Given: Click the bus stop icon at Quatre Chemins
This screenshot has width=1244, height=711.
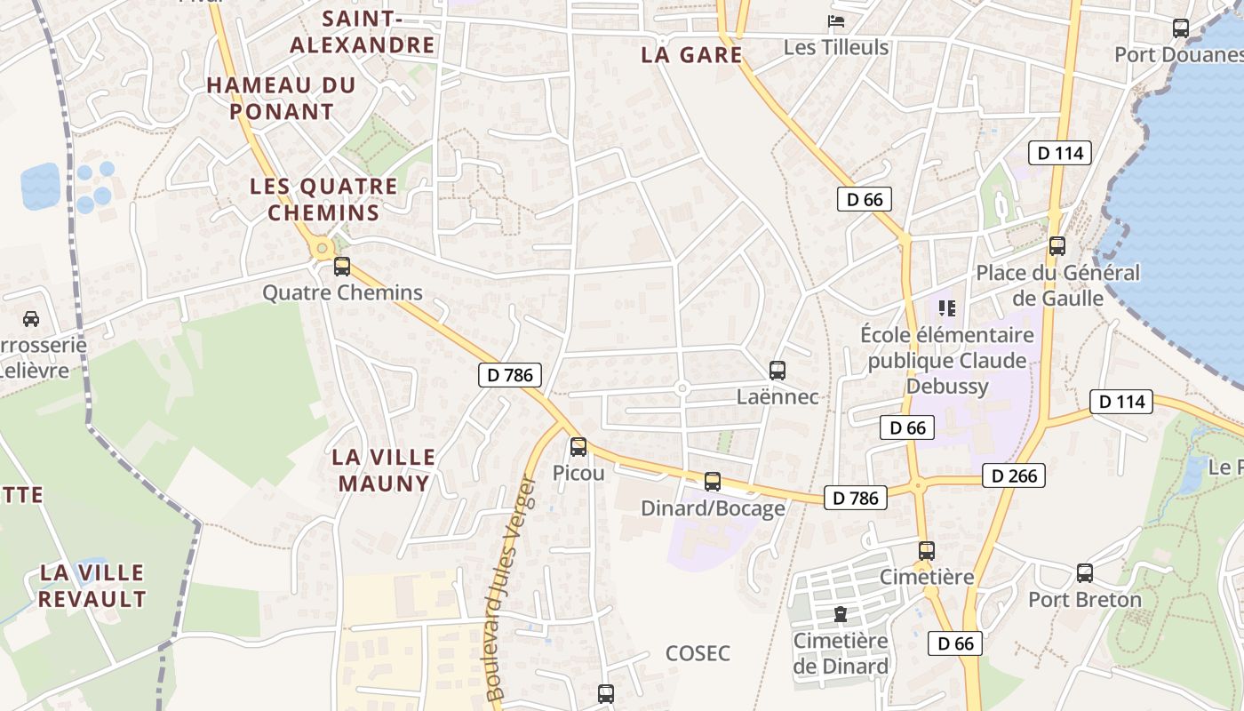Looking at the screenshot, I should (342, 267).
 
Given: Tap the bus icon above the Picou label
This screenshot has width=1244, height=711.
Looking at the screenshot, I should (578, 447).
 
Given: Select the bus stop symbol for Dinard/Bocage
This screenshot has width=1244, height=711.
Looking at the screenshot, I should (713, 482).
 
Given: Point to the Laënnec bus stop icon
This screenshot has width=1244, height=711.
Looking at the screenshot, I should (777, 371).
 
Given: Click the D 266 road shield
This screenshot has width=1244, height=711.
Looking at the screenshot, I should (1014, 475).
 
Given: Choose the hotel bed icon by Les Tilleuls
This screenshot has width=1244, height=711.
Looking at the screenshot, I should (836, 21).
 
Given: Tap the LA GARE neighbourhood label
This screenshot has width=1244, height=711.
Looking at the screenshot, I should (691, 55).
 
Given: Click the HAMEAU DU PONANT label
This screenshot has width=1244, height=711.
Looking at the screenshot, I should (282, 99).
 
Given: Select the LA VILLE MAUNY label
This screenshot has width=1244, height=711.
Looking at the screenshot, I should (384, 470).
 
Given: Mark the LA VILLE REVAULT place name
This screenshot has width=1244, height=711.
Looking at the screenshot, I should (92, 585).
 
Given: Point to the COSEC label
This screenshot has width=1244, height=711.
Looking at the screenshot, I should (698, 653).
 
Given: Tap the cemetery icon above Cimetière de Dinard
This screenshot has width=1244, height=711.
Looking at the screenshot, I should (840, 614).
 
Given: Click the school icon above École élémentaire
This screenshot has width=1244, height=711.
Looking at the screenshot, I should (946, 308).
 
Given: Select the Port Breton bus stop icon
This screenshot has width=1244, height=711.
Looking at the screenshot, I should (1085, 573).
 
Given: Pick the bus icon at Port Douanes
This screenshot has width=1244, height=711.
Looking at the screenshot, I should (1181, 28).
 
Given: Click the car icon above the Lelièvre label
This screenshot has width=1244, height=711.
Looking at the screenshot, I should (31, 318).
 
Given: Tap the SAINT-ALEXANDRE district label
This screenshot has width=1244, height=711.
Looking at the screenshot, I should (363, 32).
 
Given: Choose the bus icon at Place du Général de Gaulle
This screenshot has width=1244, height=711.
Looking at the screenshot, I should (1057, 246).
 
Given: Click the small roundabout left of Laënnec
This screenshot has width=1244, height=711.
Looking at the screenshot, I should (682, 388).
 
